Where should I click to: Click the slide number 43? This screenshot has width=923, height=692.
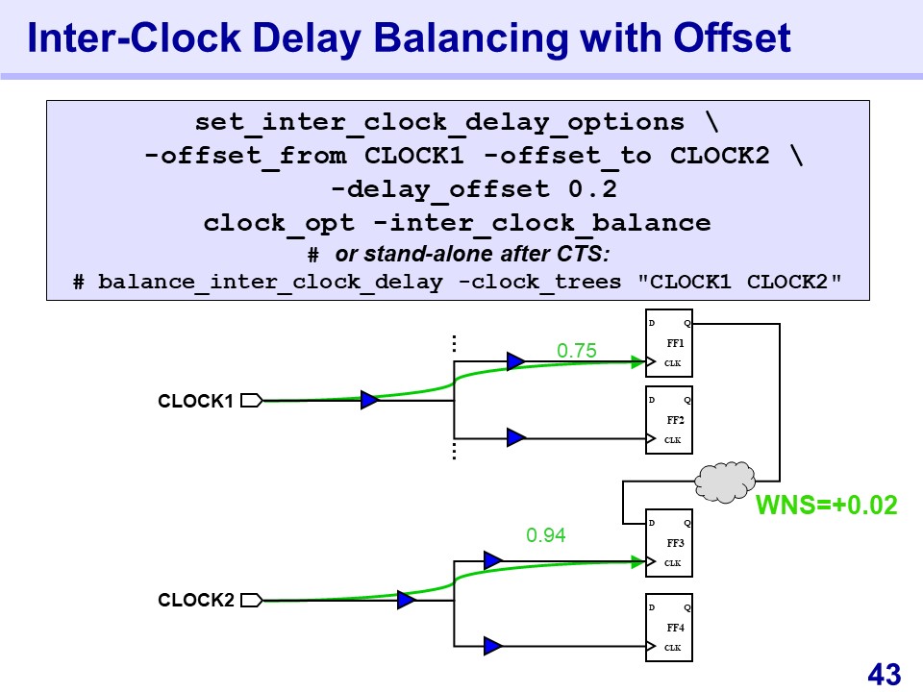[x=884, y=674]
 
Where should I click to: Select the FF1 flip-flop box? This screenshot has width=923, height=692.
[x=668, y=343]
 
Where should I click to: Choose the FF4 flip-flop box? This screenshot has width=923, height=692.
[x=668, y=628]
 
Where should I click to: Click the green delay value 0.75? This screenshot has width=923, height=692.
[x=577, y=352]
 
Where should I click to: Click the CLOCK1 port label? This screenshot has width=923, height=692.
[x=196, y=402]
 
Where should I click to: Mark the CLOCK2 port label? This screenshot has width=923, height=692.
[x=196, y=601]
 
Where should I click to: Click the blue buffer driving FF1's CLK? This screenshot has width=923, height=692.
[x=516, y=361]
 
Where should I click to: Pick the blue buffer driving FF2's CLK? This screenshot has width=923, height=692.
[x=516, y=437]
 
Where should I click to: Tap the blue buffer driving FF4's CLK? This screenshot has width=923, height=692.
[x=493, y=646]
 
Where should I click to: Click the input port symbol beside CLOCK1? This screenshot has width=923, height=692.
[x=251, y=401]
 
